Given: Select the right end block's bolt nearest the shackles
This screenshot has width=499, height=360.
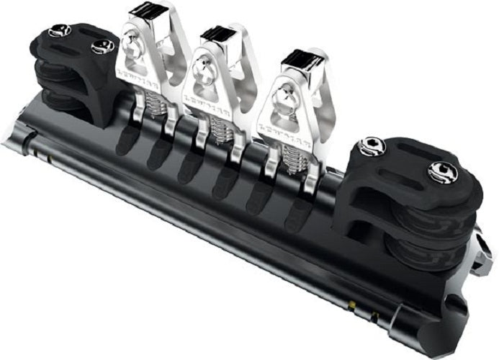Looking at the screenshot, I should [372, 145].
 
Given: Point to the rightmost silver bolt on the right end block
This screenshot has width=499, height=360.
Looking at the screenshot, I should [441, 171].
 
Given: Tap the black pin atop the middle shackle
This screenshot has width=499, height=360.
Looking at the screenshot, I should [216, 32].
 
